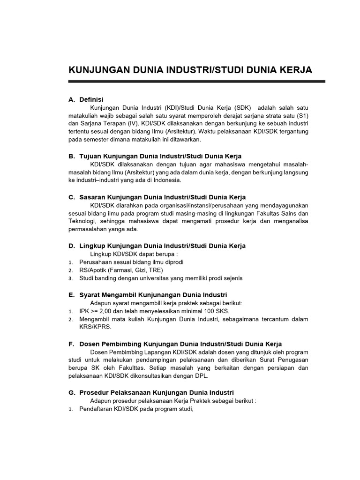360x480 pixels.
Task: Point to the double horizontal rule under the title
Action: [197, 82]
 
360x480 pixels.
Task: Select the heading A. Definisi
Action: [86, 99]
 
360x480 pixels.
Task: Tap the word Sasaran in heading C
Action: [93, 197]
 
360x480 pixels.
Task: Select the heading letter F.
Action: [71, 344]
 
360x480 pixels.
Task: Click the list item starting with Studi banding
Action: [161, 278]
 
